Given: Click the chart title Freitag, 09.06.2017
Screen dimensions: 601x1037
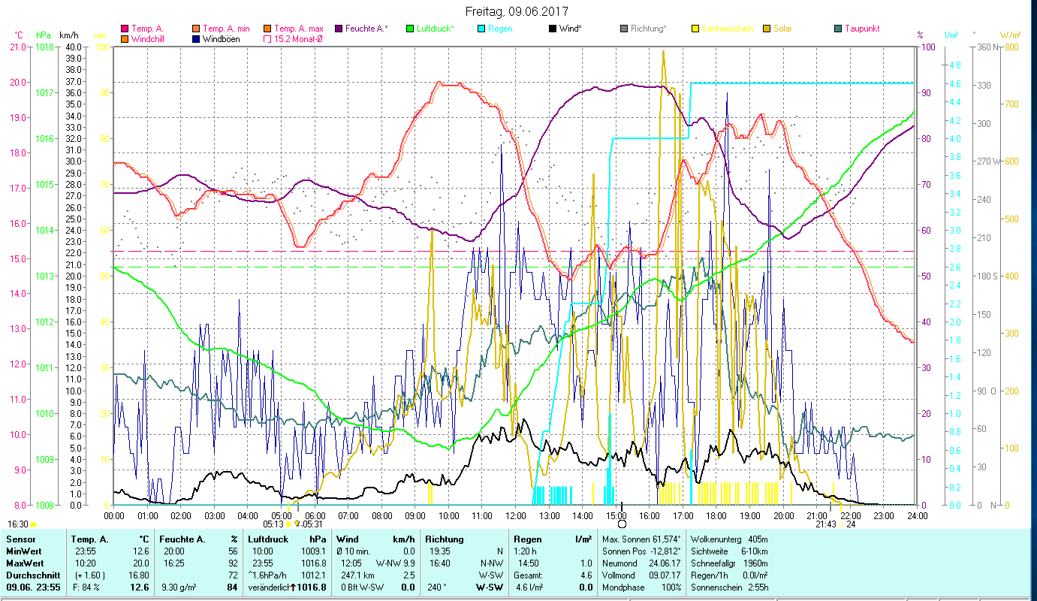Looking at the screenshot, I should pyautogui.click(x=517, y=11).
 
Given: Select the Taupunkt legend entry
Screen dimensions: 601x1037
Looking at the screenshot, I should pyautogui.click(x=861, y=29).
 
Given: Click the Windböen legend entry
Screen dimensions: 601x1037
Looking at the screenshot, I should pyautogui.click(x=221, y=38).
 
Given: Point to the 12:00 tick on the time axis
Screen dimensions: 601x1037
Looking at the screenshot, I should pyautogui.click(x=516, y=516).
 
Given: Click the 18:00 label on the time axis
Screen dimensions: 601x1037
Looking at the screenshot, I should pyautogui.click(x=716, y=516).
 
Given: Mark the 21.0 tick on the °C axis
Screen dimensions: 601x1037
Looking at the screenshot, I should pyautogui.click(x=18, y=47).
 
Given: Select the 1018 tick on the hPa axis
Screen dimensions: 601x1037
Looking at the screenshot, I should pyautogui.click(x=44, y=47).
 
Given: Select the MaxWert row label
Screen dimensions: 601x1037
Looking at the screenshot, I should pyautogui.click(x=25, y=563).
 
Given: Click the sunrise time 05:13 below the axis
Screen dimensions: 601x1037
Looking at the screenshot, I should pyautogui.click(x=273, y=524).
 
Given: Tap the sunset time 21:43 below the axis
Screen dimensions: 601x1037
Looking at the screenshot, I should pyautogui.click(x=825, y=524).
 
